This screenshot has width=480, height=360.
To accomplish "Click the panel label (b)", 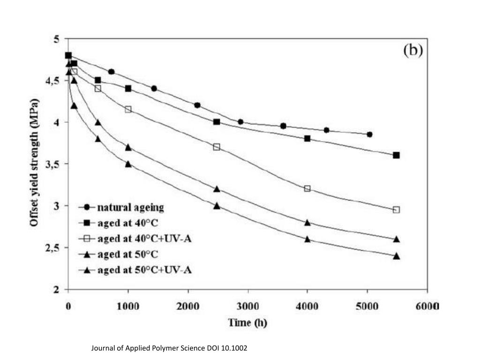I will [x=413, y=50].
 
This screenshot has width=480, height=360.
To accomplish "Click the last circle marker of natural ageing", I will [x=369, y=135].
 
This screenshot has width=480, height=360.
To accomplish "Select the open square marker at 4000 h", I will [x=307, y=188].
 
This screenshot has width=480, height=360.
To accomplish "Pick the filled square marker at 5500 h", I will [x=396, y=155].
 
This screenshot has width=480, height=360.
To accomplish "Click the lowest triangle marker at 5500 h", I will [x=396, y=256].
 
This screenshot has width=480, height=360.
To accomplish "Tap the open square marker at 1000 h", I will [x=128, y=109].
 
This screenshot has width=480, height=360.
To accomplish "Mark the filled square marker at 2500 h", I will [x=217, y=122].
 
